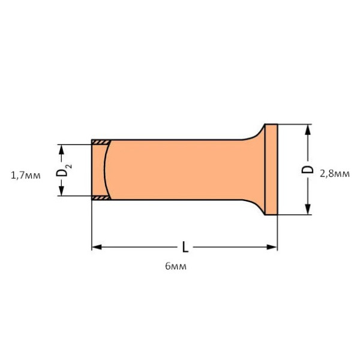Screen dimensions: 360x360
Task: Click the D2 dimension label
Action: (62, 170)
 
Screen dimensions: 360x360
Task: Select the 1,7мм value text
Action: (26, 175)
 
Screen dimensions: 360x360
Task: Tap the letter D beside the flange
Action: (308, 169)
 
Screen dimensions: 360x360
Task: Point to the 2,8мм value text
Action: (334, 174)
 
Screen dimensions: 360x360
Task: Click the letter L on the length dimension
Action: (185, 247)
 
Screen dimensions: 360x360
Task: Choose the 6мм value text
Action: (175, 266)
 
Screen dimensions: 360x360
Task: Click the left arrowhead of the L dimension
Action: (97, 247)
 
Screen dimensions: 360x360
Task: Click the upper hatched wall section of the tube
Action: (101, 142)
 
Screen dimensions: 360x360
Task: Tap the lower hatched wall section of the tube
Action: (101, 197)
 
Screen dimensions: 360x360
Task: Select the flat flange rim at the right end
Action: (271, 169)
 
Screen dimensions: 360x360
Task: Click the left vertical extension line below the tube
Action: (91, 225)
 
